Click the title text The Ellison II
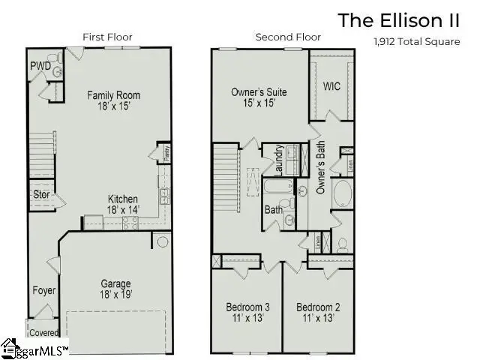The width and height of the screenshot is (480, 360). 399,20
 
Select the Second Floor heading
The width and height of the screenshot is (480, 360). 288,37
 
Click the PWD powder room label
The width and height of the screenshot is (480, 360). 40,67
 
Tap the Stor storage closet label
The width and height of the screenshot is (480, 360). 41,195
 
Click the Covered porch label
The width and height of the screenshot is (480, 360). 43,331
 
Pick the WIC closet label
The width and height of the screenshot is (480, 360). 331,86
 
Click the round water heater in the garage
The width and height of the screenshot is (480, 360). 161,241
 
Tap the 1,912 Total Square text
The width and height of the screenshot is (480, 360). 416,42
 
